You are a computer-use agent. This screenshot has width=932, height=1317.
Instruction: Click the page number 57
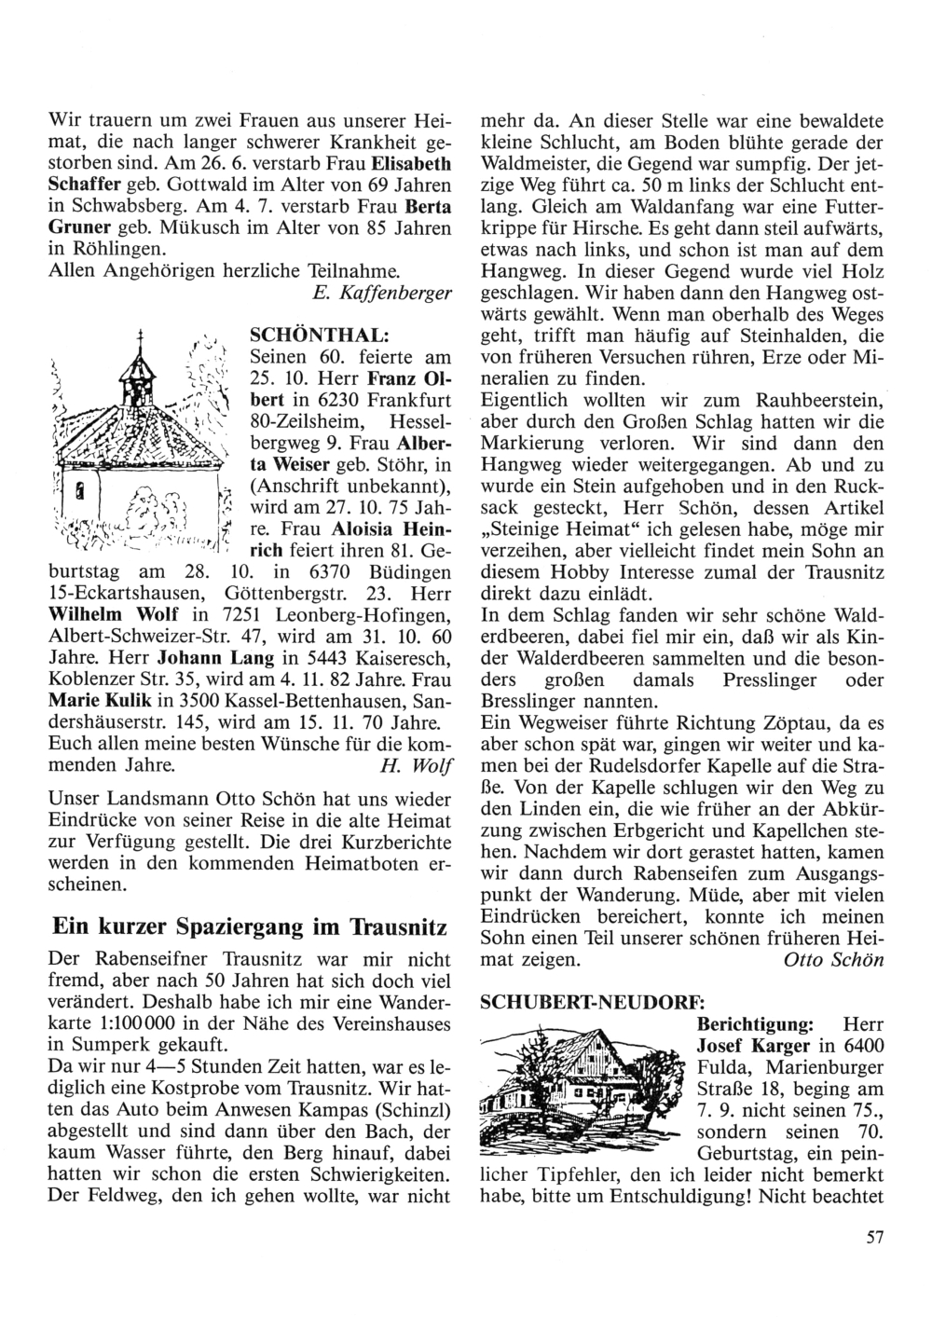click(872, 1238)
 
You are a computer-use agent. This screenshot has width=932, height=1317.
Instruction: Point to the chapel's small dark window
click(81, 488)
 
